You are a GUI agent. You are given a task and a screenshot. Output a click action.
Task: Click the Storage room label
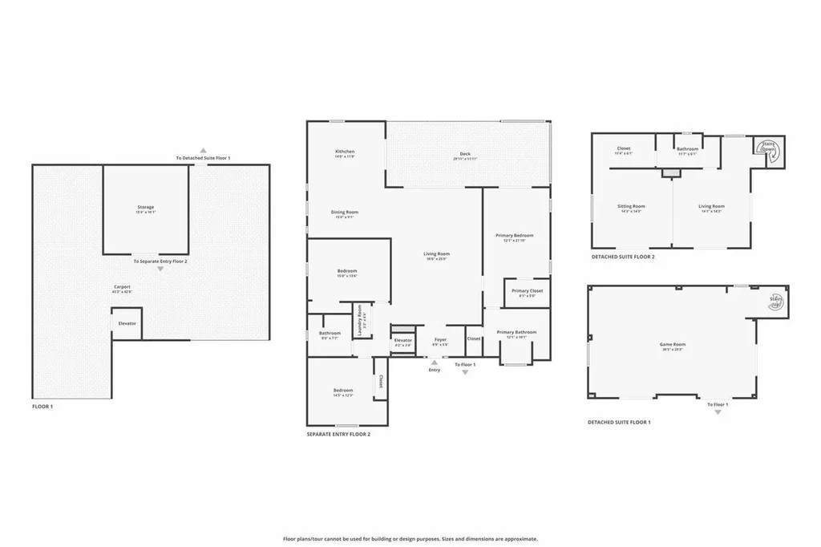[x=145, y=208]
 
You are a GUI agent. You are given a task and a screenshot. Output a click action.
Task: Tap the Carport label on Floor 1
[x=122, y=286]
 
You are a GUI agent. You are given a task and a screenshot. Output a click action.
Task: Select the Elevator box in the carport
[x=127, y=324]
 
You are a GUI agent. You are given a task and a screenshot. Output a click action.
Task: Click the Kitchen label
[x=345, y=152]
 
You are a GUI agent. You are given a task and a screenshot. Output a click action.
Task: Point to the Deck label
[x=465, y=154]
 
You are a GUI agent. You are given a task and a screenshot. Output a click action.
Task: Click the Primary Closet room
[x=527, y=291]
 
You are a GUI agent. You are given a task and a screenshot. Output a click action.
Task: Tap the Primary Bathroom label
[x=516, y=332]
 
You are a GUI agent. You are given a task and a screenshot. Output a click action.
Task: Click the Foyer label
[x=440, y=340]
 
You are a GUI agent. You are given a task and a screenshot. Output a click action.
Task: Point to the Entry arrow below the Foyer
[x=435, y=363]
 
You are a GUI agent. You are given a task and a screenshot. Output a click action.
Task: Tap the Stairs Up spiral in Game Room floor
[x=775, y=302]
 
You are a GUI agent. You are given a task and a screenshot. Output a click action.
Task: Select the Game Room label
[x=672, y=345]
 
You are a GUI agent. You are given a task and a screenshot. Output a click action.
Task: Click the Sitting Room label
[x=631, y=206]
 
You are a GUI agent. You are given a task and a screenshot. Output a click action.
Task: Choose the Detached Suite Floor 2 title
[x=623, y=257]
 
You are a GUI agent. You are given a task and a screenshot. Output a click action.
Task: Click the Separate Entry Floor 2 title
[x=338, y=434]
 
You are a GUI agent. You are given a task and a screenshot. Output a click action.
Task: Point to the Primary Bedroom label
[x=518, y=236]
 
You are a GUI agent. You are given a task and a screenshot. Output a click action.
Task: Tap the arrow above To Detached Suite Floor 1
[x=204, y=150]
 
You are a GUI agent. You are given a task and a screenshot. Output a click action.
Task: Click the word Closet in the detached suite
[x=624, y=148]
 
